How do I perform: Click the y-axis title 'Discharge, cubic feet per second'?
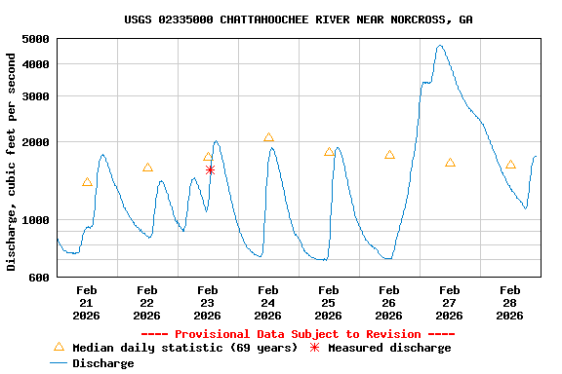click(12, 162)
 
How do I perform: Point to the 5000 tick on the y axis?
click(35, 39)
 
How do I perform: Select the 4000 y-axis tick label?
click(35, 64)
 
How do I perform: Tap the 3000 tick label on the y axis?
click(35, 96)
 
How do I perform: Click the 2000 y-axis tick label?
click(35, 142)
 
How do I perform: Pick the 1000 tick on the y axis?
click(35, 220)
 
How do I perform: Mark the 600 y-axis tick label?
click(39, 278)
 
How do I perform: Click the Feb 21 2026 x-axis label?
click(87, 302)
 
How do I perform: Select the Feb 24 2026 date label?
click(268, 302)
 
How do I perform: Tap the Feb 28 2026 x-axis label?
click(510, 302)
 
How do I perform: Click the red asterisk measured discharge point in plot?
click(210, 170)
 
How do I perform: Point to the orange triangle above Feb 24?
click(268, 138)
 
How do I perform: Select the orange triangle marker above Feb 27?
click(450, 163)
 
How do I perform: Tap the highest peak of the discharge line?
click(440, 46)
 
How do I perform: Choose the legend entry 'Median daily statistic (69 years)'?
click(176, 348)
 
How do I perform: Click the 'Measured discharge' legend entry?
click(381, 348)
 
